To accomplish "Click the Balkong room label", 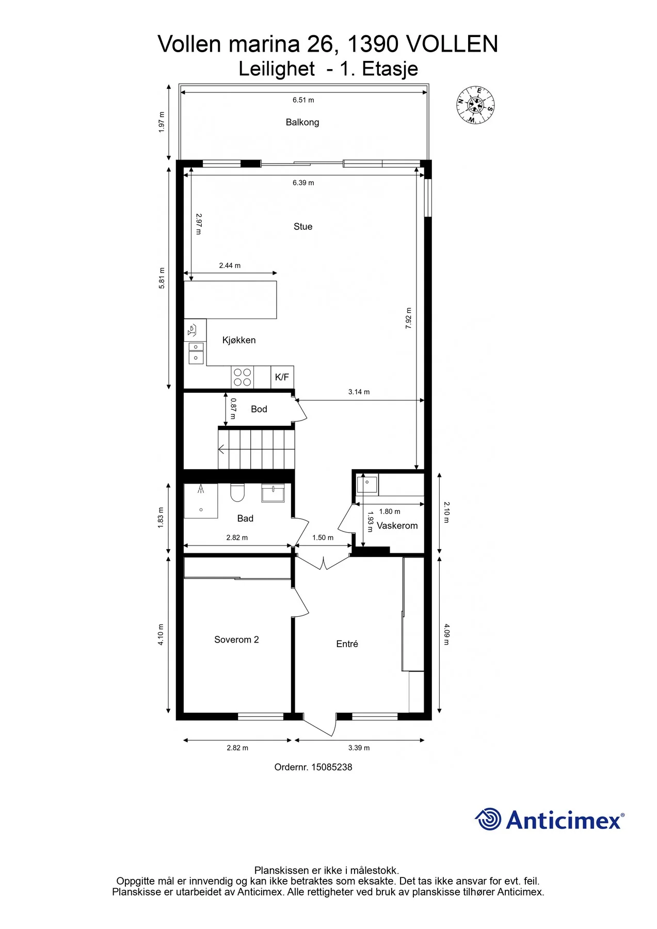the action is click(x=302, y=122).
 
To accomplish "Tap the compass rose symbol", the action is click(x=475, y=105).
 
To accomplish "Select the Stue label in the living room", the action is click(x=303, y=227).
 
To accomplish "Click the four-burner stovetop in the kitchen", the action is click(x=243, y=377).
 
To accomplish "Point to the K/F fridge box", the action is click(x=282, y=377).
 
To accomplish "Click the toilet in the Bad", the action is click(x=237, y=492).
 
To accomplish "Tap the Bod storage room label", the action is click(x=259, y=409).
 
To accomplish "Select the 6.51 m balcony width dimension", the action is click(x=303, y=100).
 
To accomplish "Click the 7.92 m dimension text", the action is click(x=409, y=318).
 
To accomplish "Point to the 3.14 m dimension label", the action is click(x=359, y=392).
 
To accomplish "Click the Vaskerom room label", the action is click(x=397, y=526).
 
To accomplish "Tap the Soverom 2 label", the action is click(x=236, y=639).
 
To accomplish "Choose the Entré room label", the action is click(x=347, y=644).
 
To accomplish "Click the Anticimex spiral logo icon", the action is click(x=488, y=819).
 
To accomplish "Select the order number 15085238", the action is click(x=331, y=767).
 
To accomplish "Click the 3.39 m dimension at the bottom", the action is click(x=359, y=748).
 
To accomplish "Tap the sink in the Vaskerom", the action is click(x=367, y=484).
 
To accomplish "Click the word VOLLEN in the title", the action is click(x=453, y=44).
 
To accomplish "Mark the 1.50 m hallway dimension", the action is click(x=323, y=538).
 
